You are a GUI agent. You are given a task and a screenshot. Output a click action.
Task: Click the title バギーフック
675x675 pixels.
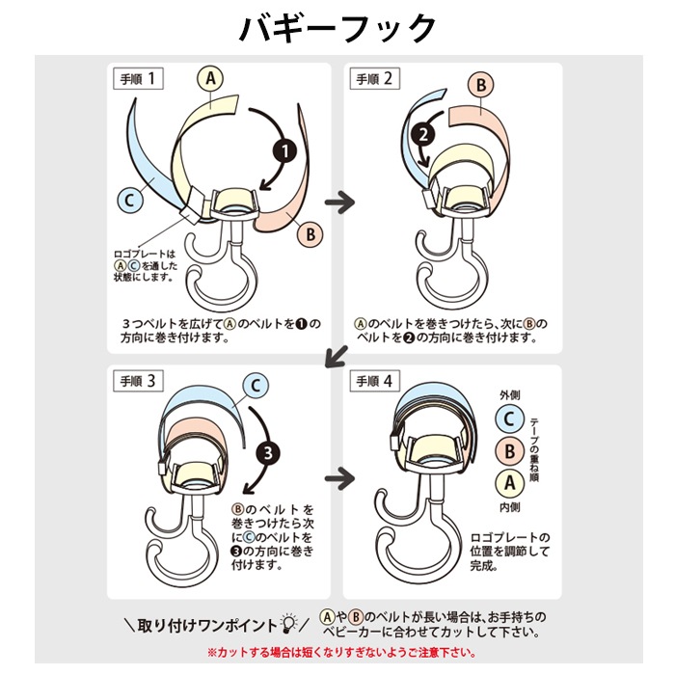337,28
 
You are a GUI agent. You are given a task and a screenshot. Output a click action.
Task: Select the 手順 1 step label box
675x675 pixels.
138,79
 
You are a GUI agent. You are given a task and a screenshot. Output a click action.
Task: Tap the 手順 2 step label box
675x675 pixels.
374,79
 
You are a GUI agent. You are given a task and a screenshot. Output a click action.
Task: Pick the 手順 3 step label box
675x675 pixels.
138,381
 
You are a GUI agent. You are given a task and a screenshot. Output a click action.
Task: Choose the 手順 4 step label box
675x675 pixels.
374,381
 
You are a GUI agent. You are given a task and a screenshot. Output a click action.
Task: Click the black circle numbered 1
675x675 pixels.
285,151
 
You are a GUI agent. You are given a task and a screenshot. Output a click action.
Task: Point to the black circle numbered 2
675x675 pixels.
423,134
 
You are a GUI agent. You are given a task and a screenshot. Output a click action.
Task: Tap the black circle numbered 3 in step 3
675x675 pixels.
268,453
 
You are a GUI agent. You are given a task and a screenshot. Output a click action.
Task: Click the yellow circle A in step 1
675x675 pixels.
210,78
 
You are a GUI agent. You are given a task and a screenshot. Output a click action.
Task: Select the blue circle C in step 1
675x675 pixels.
130,201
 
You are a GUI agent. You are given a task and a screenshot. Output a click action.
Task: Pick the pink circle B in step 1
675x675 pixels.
310,234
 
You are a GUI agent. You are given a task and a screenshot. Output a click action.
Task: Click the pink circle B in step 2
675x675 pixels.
481,85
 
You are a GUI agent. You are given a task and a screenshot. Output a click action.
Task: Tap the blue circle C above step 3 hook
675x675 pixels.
256,386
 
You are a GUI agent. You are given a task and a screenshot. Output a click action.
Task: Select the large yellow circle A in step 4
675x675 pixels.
510,482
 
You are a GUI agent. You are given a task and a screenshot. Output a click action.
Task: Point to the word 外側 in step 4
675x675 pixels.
510,394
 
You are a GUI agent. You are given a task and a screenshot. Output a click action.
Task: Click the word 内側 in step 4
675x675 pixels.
510,507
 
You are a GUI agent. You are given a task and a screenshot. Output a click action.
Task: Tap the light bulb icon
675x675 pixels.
288,623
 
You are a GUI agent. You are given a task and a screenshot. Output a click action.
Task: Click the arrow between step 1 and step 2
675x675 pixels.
339,202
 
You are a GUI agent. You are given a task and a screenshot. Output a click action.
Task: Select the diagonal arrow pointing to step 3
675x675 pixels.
336,357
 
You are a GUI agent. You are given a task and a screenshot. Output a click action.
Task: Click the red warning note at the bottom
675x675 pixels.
341,653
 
